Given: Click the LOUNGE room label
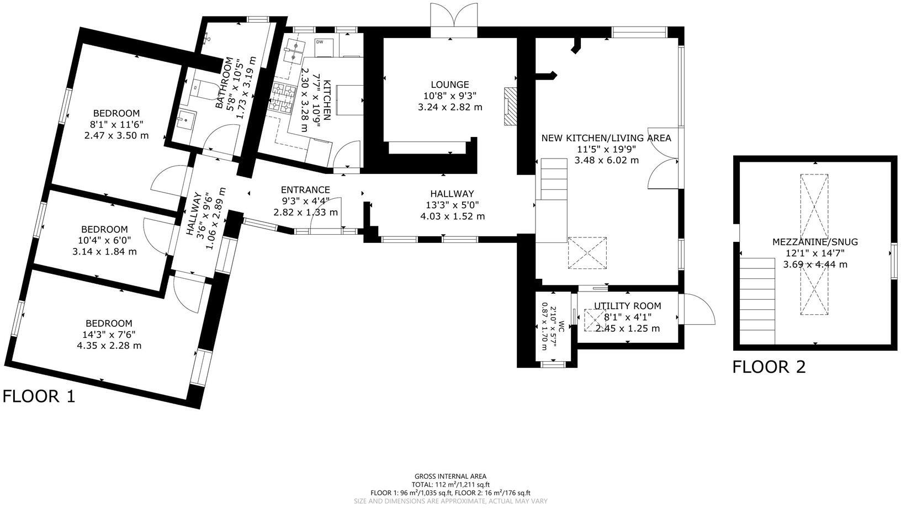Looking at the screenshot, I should pyautogui.click(x=450, y=84).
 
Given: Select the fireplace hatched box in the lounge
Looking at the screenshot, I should pyautogui.click(x=510, y=105).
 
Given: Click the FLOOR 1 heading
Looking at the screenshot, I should pyautogui.click(x=39, y=396).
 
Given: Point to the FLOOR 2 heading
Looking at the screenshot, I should pyautogui.click(x=769, y=367).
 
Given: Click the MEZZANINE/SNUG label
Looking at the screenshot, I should pyautogui.click(x=815, y=242).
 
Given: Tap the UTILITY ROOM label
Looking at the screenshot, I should pyautogui.click(x=627, y=306).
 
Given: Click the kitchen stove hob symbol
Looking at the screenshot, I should pyautogui.click(x=283, y=99).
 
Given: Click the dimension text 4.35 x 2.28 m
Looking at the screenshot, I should pyautogui.click(x=109, y=346).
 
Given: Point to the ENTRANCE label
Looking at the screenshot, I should pyautogui.click(x=305, y=190).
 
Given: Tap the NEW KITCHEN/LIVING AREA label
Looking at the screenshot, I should pyautogui.click(x=606, y=138).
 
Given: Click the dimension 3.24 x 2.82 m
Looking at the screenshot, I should pyautogui.click(x=450, y=107).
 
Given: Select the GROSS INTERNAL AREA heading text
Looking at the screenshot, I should pyautogui.click(x=451, y=476).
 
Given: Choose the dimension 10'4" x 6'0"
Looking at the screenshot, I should pyautogui.click(x=104, y=240).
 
